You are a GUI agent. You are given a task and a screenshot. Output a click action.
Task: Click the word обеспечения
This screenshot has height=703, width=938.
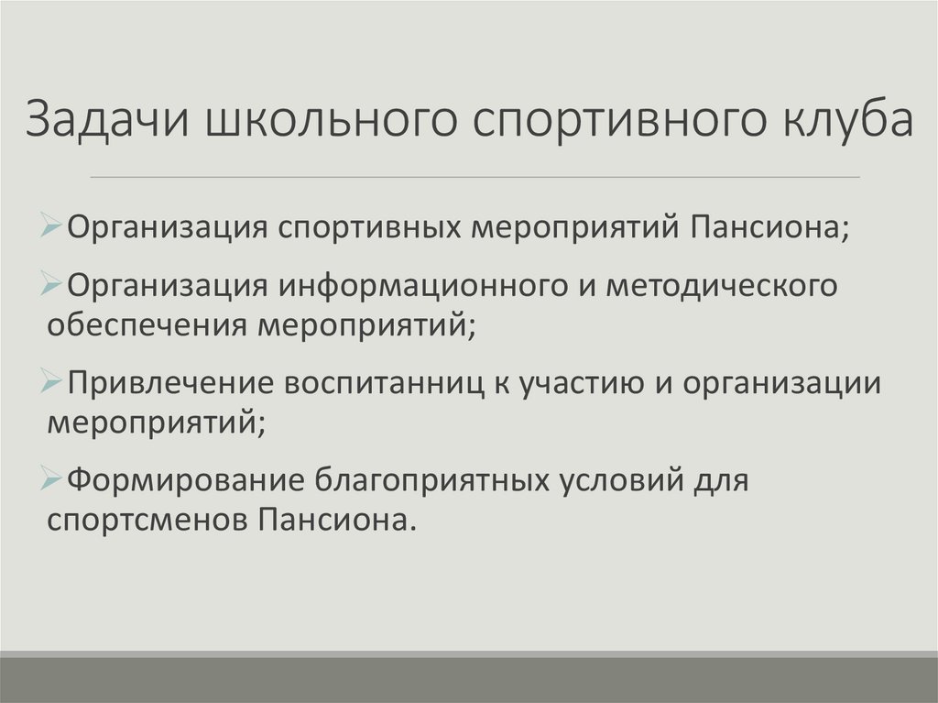(x=147, y=324)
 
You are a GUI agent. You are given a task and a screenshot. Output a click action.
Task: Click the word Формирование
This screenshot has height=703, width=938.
(x=185, y=479)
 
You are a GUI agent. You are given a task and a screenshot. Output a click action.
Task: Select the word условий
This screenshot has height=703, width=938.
(x=624, y=479)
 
